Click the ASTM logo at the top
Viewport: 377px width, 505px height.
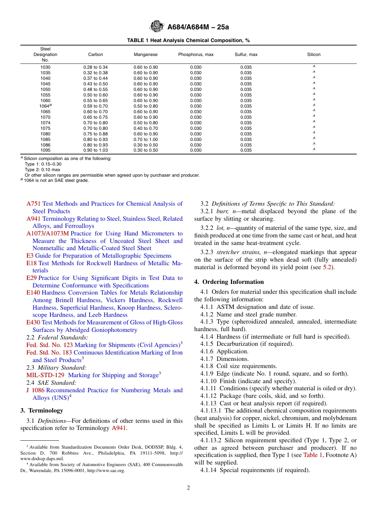pos(156,27)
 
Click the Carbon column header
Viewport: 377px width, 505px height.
pos(95,54)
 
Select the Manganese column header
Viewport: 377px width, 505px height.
pos(145,54)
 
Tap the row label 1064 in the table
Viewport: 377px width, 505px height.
pos(45,106)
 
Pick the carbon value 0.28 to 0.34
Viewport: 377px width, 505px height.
pos(95,67)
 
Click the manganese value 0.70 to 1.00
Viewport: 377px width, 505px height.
pos(145,139)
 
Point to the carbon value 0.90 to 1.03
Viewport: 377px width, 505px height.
pos(95,150)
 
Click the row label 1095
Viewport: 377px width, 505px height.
pos(45,150)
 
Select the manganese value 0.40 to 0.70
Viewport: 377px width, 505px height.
pos(145,128)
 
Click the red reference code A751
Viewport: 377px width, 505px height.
pos(33,204)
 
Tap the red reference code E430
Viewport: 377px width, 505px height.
pos(33,322)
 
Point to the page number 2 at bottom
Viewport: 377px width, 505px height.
pos(188,488)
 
